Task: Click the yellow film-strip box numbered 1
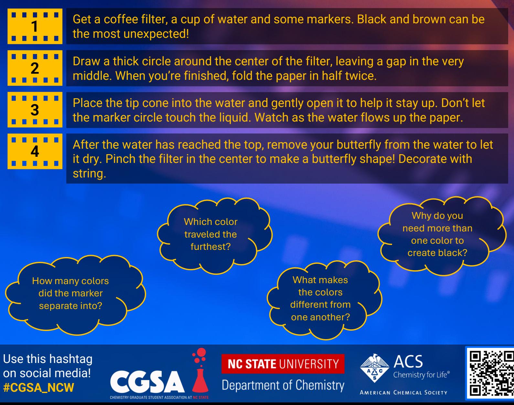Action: point(35,26)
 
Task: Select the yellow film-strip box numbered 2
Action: point(35,68)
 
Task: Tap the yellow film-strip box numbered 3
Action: point(35,110)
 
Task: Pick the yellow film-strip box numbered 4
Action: point(35,151)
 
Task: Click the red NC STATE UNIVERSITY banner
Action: point(283,364)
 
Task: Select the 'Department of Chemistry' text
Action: point(283,386)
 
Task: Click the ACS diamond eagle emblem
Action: point(375,368)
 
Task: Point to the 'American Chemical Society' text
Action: point(403,393)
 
